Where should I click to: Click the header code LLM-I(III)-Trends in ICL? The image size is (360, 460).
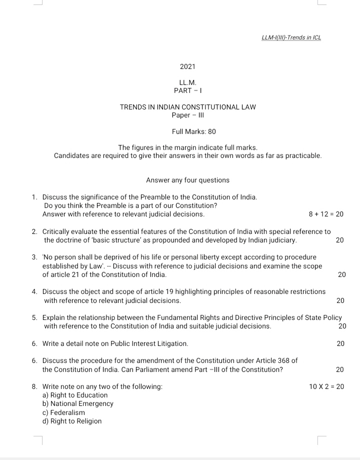(291, 37)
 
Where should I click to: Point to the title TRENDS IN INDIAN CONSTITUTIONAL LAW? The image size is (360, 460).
(188, 107)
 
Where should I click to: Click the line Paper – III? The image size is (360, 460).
(188, 115)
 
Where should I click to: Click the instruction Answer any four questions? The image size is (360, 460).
(187, 180)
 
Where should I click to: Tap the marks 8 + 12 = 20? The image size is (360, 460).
(326, 214)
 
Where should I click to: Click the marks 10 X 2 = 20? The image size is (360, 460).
(326, 386)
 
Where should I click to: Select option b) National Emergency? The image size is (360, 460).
(78, 404)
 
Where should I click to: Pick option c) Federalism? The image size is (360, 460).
(64, 412)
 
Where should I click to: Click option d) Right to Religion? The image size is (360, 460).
(72, 421)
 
